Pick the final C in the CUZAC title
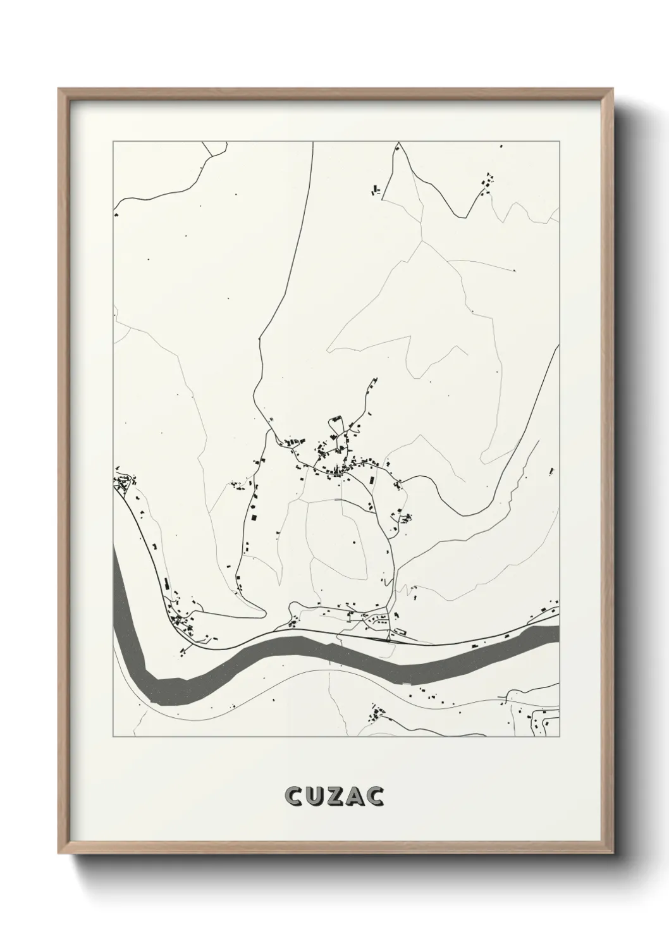pos(375,796)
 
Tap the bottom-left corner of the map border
pos(113,737)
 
